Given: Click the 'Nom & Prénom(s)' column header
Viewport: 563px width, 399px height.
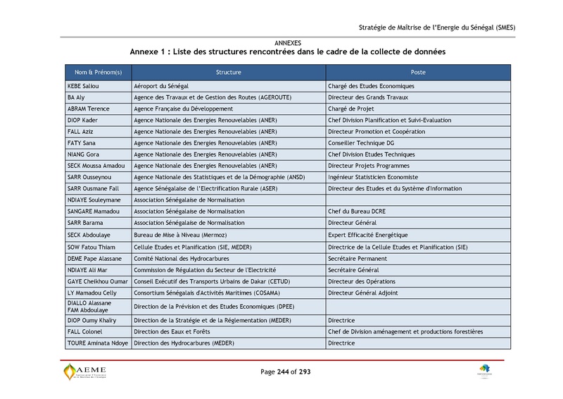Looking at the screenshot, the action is tap(94, 73).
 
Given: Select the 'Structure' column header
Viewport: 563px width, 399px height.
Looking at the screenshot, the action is tap(228, 73).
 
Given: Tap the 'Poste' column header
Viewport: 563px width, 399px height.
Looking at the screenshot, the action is tap(418, 73).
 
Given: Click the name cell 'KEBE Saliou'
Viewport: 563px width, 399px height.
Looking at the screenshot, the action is tap(83, 86).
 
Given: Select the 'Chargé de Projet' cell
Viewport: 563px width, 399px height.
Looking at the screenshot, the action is tap(351, 109).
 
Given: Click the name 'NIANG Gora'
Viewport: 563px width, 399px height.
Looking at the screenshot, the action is tap(83, 154).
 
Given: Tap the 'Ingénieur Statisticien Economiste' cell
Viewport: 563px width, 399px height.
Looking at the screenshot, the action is tap(373, 177).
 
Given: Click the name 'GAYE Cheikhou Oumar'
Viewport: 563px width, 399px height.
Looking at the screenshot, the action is tap(96, 281).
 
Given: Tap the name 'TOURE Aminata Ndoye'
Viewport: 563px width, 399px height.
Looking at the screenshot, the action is tap(97, 343).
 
